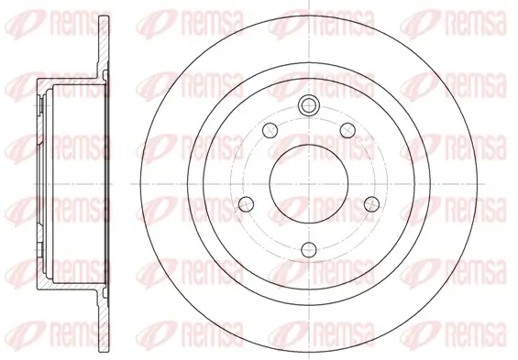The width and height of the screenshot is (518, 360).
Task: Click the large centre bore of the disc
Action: pos(309,183)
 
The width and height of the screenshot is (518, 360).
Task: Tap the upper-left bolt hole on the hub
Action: pos(270,130)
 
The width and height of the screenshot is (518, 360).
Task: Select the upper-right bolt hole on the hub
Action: pos(347,130)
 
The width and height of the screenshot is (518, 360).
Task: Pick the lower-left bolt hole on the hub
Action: pos(246,204)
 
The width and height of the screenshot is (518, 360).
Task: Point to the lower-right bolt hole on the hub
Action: pos(371,204)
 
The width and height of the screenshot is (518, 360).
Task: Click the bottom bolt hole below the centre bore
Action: pos(309,249)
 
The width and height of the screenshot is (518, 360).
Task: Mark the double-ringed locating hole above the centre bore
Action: pos(309,105)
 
